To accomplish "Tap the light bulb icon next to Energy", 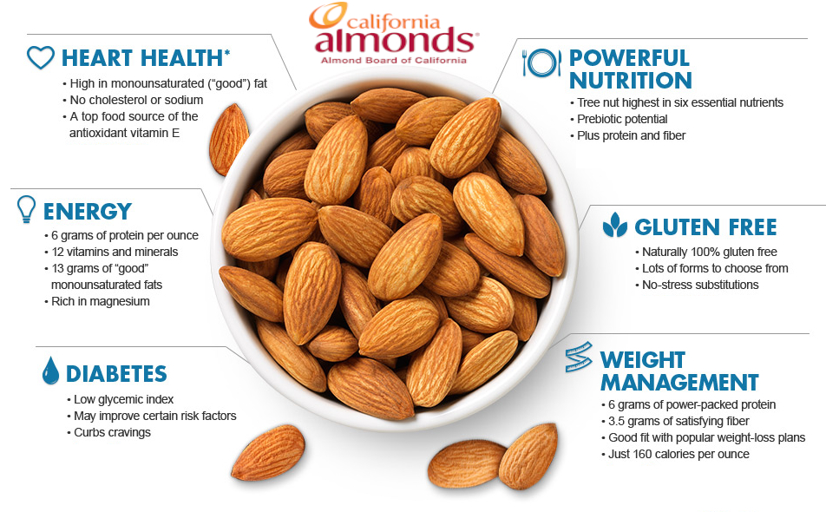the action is (x=26, y=209).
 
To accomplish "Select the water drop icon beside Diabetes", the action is (x=50, y=371).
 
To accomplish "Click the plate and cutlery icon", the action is (x=541, y=62).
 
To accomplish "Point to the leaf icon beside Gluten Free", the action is (x=615, y=225).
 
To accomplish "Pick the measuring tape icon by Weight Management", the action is (x=579, y=357).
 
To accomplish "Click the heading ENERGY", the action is (x=88, y=212).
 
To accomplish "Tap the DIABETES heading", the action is (x=116, y=374).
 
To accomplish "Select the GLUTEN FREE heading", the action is (x=705, y=227).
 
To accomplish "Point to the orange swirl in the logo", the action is (x=328, y=16).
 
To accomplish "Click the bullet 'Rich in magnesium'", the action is (x=100, y=301).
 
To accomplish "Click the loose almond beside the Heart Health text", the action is (x=229, y=140).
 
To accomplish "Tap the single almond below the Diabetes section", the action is (x=268, y=452).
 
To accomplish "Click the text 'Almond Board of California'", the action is (x=394, y=61).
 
